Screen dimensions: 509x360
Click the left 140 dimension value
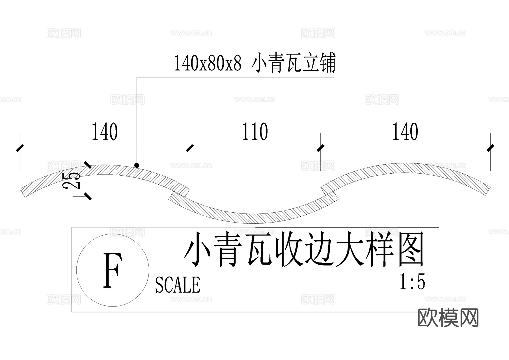pyautogui.click(x=105, y=132)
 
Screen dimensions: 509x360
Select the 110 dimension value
pyautogui.click(x=255, y=132)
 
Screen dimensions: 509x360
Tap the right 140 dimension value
pyautogui.click(x=405, y=132)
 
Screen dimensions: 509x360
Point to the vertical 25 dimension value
pyautogui.click(x=72, y=180)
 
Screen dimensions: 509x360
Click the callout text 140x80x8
pyautogui.click(x=208, y=63)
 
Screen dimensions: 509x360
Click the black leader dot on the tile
pyautogui.click(x=137, y=165)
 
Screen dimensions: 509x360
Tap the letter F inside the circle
pyautogui.click(x=113, y=270)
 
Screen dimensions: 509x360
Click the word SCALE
pyautogui.click(x=178, y=284)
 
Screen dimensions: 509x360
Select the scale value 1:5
pyautogui.click(x=412, y=282)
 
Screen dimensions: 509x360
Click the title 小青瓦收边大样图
pyautogui.click(x=305, y=249)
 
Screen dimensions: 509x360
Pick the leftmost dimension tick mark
pyautogui.click(x=20, y=148)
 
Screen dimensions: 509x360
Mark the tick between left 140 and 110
pyautogui.click(x=190, y=148)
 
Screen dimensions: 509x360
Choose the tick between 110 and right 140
pyautogui.click(x=320, y=148)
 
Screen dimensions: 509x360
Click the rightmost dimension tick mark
pyautogui.click(x=490, y=148)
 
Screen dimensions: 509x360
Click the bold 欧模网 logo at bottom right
pyautogui.click(x=448, y=318)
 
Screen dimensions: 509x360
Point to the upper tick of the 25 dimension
pyautogui.click(x=88, y=165)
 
